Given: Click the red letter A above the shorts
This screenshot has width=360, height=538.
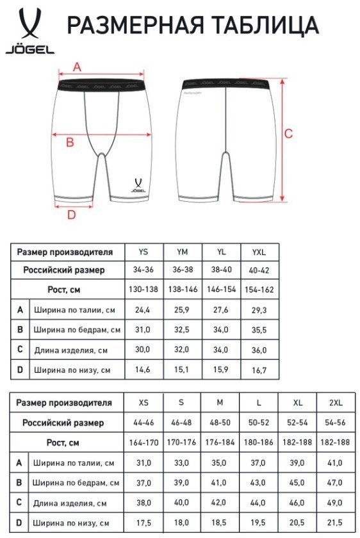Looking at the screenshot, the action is [78, 66].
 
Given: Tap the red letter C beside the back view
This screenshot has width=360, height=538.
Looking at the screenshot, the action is [289, 133].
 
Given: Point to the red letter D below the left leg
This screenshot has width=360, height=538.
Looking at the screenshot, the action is [71, 215].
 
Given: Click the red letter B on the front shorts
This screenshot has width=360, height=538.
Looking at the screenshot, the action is [70, 143].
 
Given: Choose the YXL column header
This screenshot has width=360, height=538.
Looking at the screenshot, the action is [259, 252].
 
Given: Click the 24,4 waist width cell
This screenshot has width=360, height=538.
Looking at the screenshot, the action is [143, 310].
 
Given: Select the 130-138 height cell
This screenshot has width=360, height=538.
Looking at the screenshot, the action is [143, 289].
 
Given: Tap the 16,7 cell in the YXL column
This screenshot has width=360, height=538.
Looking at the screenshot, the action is [259, 370].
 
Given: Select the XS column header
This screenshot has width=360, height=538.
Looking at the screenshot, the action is [143, 403].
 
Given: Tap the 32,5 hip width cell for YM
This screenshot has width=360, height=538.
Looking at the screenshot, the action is [182, 330].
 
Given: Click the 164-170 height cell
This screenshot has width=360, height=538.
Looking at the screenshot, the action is [143, 443].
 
